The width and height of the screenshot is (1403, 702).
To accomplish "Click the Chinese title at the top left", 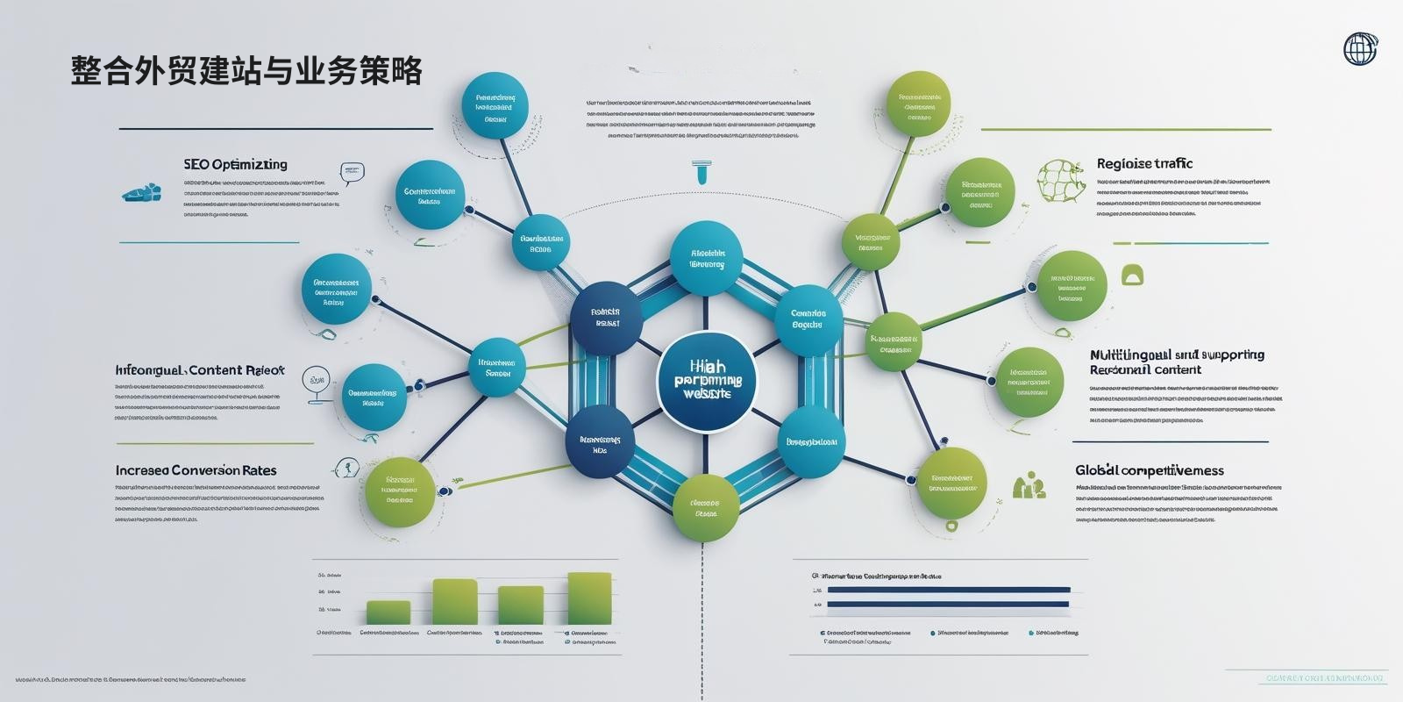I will (x=246, y=71).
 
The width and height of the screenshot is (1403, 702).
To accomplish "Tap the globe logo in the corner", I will (x=1361, y=49).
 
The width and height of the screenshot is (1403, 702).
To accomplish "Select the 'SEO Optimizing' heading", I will (x=235, y=164).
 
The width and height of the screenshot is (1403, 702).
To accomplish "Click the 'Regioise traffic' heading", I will (x=1144, y=163).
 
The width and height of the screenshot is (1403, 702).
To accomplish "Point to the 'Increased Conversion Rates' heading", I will (x=196, y=470).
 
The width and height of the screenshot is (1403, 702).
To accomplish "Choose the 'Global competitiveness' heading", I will (x=1149, y=470).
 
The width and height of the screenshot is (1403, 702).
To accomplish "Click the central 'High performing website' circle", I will (x=706, y=382).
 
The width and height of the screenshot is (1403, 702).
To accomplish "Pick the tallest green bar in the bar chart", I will (x=589, y=598).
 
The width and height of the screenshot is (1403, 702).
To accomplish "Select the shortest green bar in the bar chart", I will (x=388, y=612).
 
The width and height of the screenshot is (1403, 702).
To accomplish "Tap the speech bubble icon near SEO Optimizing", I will (x=352, y=172).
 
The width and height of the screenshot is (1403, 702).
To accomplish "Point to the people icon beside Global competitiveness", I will (x=1029, y=485).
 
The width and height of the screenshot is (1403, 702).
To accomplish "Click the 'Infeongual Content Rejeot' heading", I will (x=200, y=370).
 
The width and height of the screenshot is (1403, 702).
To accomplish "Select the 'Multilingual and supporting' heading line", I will (x=1177, y=355).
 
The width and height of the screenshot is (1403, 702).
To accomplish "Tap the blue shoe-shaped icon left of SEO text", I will (x=141, y=191).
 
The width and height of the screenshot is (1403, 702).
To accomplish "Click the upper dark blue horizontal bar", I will (x=949, y=590).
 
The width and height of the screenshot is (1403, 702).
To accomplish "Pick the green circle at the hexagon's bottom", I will (x=706, y=508).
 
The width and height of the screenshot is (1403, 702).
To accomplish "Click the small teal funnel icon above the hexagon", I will (x=701, y=172).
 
